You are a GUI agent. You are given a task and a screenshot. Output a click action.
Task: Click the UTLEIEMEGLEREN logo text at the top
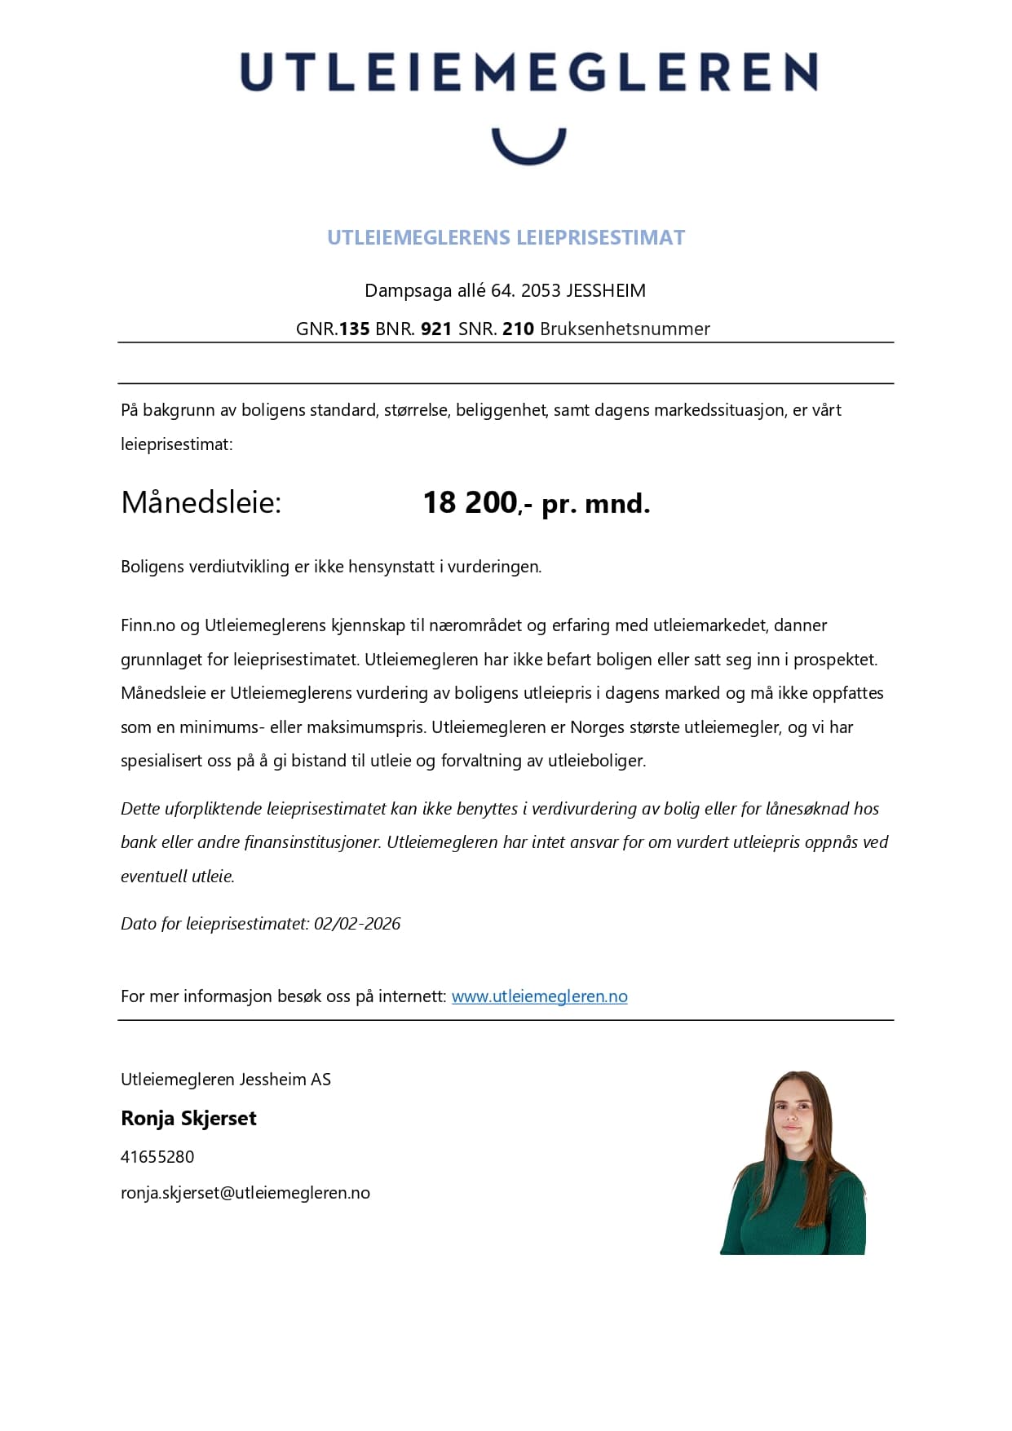(528, 72)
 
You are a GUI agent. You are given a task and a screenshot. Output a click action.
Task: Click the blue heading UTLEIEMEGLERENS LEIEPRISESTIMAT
(506, 237)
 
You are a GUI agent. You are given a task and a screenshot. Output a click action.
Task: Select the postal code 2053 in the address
(541, 290)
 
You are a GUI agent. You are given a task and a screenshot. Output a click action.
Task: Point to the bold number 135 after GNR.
(354, 329)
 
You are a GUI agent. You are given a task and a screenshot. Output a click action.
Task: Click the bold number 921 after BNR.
(436, 329)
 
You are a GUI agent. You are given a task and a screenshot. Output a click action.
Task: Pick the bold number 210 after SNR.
(518, 329)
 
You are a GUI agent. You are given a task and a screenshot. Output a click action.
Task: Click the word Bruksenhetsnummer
(625, 329)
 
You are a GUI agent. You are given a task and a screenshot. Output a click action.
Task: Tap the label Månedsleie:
(201, 502)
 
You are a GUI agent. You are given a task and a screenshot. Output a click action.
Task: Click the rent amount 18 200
(471, 502)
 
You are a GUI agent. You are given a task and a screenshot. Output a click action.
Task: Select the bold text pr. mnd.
(595, 504)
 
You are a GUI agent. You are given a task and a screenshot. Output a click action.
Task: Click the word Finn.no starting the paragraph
(148, 625)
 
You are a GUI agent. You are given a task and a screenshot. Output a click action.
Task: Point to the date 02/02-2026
(357, 924)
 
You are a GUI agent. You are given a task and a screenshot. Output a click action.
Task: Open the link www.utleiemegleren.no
(539, 996)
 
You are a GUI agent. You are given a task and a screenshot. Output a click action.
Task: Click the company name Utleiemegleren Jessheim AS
(226, 1080)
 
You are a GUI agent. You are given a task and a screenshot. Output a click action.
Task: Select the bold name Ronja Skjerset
(188, 1118)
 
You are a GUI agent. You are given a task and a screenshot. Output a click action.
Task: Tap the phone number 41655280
(157, 1157)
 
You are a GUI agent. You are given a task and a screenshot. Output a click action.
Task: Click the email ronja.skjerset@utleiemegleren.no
(245, 1193)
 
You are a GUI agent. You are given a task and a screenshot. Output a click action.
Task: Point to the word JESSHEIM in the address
(606, 290)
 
